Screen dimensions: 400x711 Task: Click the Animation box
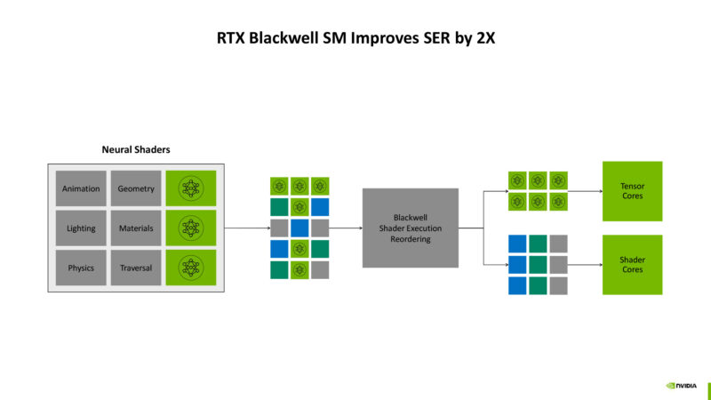click(81, 188)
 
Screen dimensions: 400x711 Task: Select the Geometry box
click(136, 188)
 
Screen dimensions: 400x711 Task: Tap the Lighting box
click(81, 228)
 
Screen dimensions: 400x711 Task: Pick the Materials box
click(136, 228)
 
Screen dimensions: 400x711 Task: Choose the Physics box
click(81, 268)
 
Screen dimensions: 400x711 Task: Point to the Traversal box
click(136, 268)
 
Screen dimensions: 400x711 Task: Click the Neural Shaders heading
click(136, 149)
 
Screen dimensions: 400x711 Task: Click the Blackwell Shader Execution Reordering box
click(410, 228)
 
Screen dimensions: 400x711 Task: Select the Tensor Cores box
click(632, 190)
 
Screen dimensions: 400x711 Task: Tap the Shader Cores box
click(632, 264)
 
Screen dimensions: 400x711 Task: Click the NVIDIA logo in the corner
click(683, 386)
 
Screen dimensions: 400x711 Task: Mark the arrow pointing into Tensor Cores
click(584, 190)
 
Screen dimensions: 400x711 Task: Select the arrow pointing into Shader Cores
click(584, 264)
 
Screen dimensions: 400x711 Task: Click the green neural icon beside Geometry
click(191, 188)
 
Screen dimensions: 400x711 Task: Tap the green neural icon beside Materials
click(191, 228)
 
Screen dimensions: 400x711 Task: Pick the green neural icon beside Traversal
click(191, 268)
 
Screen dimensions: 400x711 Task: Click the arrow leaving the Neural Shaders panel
click(244, 228)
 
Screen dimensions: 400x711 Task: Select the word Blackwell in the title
click(284, 39)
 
